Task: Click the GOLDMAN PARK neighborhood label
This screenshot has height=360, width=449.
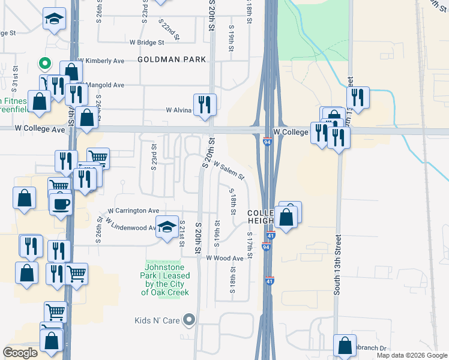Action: (172, 59)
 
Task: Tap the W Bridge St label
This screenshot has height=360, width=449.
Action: (147, 43)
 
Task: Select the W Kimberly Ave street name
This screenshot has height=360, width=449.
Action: (104, 61)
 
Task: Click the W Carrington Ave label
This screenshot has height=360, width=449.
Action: (133, 211)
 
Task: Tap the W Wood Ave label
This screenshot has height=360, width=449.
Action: (224, 258)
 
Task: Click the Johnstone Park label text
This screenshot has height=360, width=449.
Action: (165, 279)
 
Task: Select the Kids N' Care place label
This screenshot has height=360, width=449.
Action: (158, 320)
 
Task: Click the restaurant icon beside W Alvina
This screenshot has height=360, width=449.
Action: (205, 104)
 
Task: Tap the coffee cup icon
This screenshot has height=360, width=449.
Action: (61, 204)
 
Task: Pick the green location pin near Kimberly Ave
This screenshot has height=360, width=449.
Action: (44, 62)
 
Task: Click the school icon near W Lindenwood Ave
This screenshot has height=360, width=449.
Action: (167, 226)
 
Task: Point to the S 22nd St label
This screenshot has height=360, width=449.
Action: (169, 29)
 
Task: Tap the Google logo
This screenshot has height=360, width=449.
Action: (20, 352)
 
